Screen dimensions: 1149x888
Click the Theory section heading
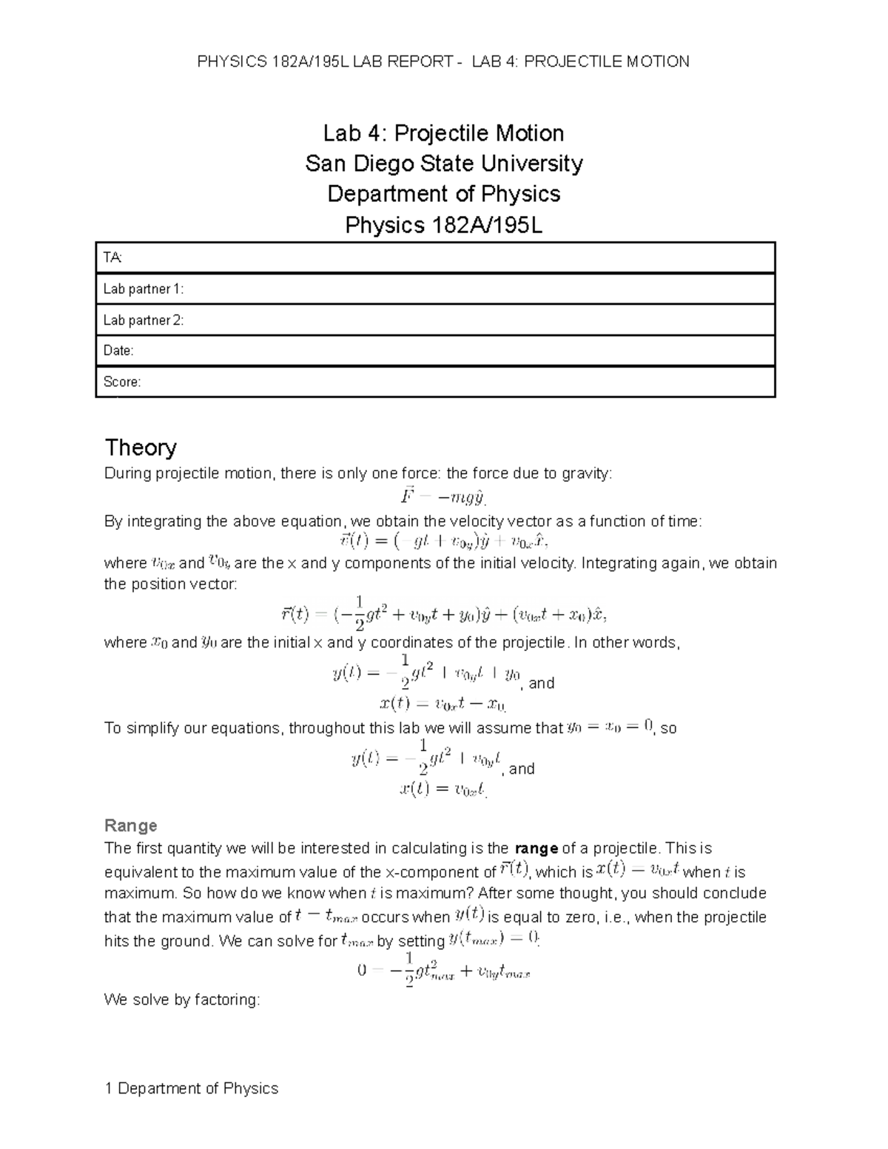(x=141, y=448)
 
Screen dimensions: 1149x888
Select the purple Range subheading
(x=130, y=825)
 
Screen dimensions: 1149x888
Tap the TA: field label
(x=112, y=257)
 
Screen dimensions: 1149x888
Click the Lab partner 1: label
(x=143, y=289)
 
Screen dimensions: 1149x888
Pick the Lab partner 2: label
(x=143, y=320)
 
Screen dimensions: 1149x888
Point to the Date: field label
(x=118, y=351)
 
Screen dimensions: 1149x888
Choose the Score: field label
(x=122, y=382)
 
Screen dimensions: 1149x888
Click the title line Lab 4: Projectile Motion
(x=443, y=133)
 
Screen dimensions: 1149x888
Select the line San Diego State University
(x=443, y=164)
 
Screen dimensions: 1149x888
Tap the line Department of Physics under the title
(x=443, y=194)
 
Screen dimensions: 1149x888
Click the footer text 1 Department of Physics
(x=192, y=1088)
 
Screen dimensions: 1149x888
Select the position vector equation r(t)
(x=443, y=613)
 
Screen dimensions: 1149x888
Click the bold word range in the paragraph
(x=536, y=848)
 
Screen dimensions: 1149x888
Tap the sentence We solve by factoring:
(x=182, y=1000)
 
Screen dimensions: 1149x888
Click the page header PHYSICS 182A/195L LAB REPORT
(x=443, y=62)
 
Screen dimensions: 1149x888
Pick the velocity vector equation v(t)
(x=443, y=542)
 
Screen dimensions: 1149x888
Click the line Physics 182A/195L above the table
(x=443, y=225)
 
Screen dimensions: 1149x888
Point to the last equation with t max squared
(x=443, y=970)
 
